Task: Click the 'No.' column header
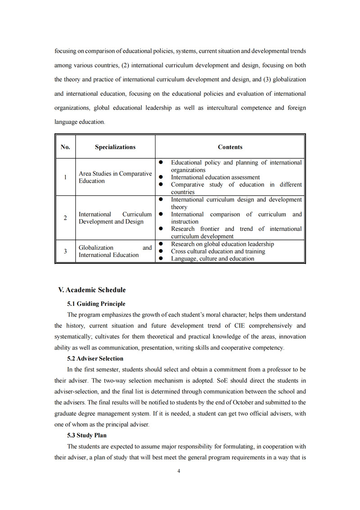(65, 147)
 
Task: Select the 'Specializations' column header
(115, 147)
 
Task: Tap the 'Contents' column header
(230, 147)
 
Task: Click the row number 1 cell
(65, 177)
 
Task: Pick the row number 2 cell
(65, 218)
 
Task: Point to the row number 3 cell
(65, 251)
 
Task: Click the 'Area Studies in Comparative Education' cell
(115, 177)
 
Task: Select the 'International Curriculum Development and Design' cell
(115, 218)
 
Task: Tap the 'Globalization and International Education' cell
(115, 251)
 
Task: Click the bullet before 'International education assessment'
(161, 177)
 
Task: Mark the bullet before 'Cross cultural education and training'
(161, 251)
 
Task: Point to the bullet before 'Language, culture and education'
(161, 258)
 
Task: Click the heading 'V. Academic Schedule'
(92, 290)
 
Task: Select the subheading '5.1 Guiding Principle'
(96, 304)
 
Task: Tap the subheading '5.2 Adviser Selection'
(95, 358)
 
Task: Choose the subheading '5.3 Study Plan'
(87, 435)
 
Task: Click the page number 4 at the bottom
(179, 471)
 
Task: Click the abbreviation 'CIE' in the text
(240, 326)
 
